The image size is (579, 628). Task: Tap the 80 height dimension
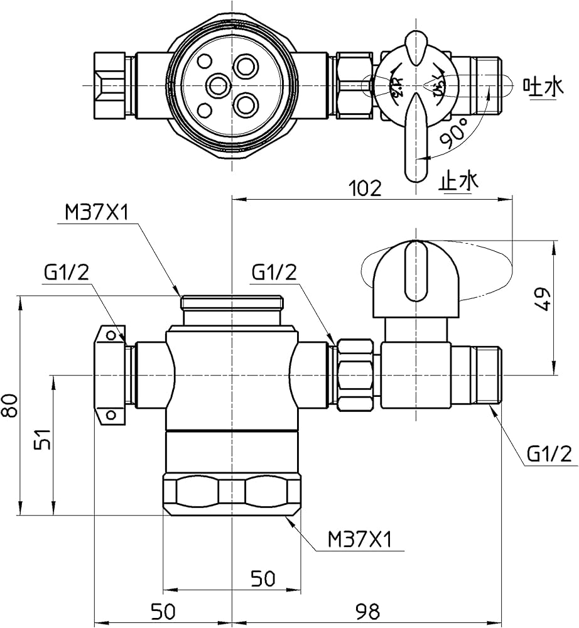coord(9,405)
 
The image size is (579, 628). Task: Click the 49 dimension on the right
coord(544,300)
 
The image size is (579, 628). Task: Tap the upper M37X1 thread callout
coord(97,214)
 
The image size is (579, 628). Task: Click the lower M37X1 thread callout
coord(360,539)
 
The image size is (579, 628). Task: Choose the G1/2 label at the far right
coord(549,453)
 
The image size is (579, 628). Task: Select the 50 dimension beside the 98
coord(163,610)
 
